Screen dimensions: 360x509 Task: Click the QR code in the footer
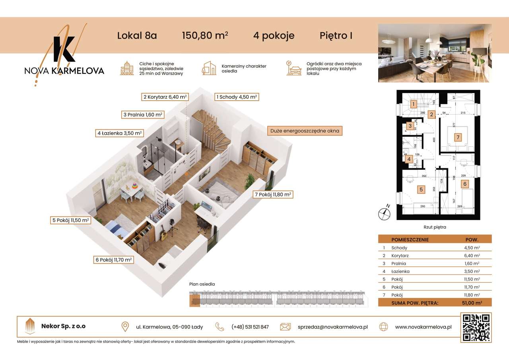pos(476,327)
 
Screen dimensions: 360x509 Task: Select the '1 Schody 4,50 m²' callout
pos(237,97)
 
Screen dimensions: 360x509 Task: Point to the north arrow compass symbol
pos(384,213)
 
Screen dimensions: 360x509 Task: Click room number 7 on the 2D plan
pos(458,137)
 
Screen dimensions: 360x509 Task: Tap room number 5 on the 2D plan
pos(421,190)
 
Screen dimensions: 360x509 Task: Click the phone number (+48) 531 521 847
pos(250,327)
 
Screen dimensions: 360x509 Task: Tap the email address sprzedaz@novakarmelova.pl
pos(332,327)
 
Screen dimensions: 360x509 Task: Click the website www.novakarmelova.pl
pos(424,327)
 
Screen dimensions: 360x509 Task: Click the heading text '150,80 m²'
pos(205,35)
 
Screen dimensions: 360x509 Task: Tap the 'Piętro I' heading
pos(336,35)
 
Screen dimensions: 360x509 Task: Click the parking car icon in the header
pos(293,68)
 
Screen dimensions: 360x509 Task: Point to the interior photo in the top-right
pos(435,53)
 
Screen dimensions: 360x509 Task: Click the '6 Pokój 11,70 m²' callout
pos(113,260)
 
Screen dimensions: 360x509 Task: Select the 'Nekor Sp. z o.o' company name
pos(63,326)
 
